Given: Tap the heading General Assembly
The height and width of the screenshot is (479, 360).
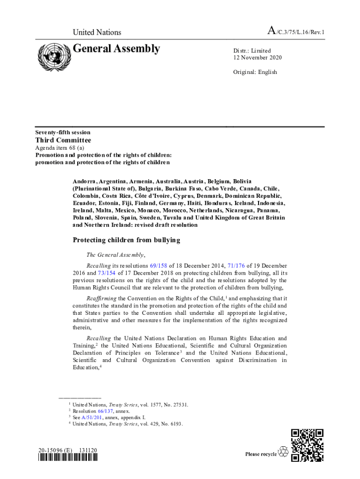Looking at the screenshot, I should [116, 49].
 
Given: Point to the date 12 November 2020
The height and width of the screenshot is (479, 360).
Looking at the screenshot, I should [258, 58].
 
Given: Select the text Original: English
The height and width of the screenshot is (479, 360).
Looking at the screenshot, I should [255, 72].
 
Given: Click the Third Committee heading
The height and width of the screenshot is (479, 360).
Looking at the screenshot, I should [63, 140].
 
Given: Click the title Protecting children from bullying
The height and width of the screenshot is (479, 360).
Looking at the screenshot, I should [126, 240].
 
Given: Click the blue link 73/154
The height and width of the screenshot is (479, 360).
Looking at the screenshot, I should [106, 273].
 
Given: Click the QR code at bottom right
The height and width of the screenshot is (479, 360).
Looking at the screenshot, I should [307, 445].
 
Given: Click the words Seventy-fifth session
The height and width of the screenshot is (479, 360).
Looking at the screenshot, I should [63, 132].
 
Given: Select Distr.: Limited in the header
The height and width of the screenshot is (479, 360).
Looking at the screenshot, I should [252, 51].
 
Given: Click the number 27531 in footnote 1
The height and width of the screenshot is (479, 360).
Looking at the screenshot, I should [180, 405].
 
